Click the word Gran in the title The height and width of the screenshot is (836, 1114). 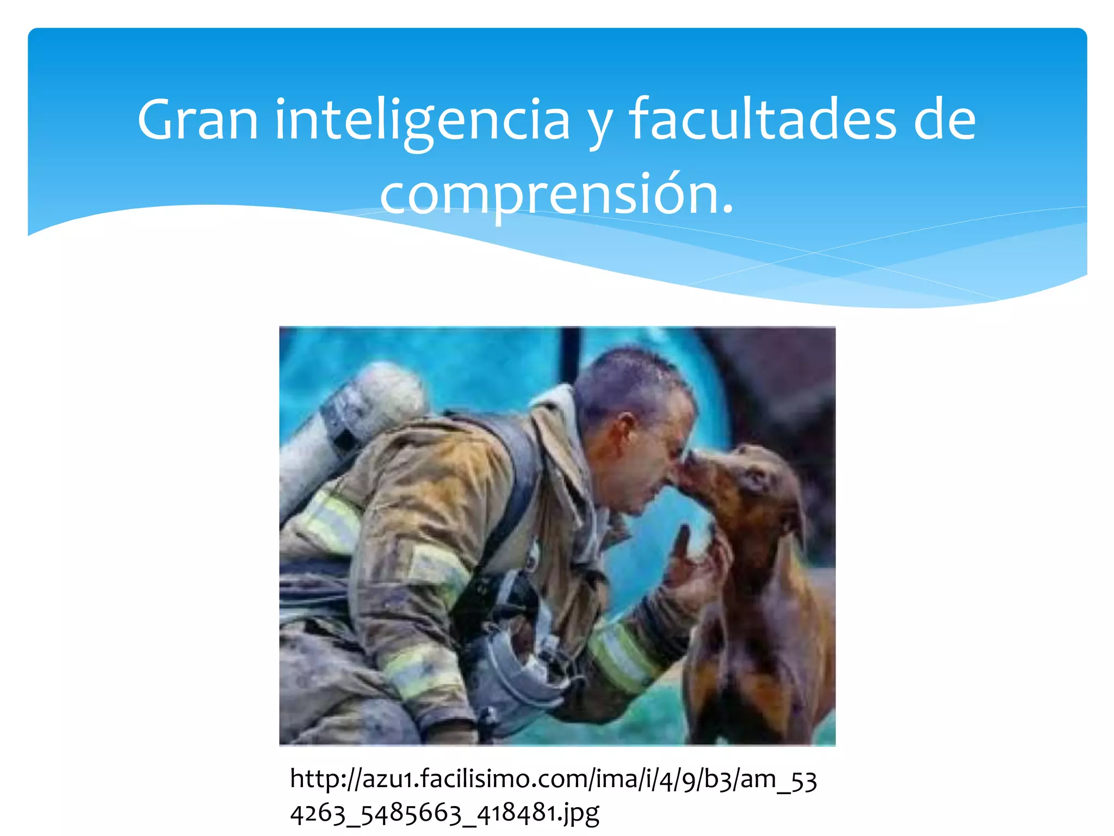coord(197,120)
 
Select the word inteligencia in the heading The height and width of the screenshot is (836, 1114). coord(422,121)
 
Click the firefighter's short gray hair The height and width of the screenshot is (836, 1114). coord(626,376)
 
